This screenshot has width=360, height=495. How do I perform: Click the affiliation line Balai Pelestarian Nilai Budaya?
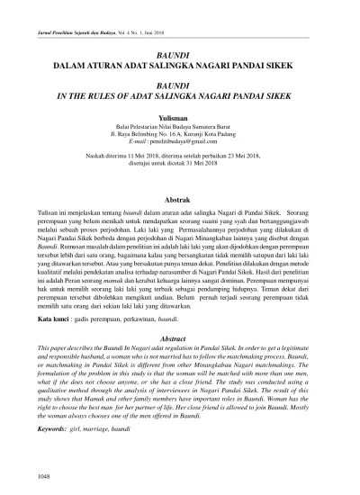[x=180, y=127]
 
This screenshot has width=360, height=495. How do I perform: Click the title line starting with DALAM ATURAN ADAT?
[x=180, y=65]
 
